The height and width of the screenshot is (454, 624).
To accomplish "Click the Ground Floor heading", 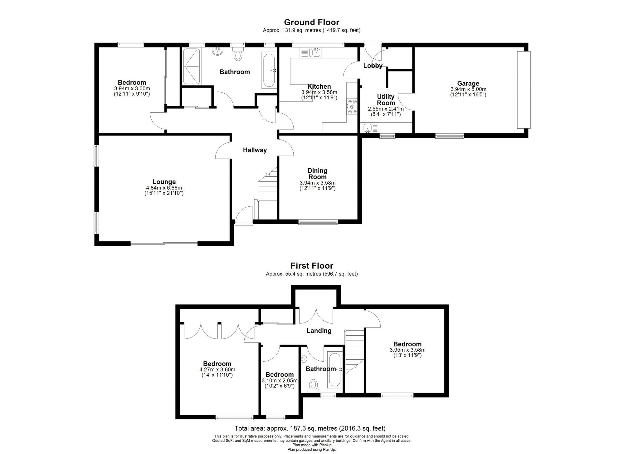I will click(x=311, y=22).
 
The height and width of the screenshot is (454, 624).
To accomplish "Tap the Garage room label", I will click(x=468, y=83).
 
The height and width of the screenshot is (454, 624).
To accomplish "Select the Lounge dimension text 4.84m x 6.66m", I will click(x=164, y=188).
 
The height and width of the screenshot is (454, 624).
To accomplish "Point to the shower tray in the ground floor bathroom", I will click(x=191, y=66).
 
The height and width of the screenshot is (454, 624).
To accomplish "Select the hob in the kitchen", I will click(x=353, y=106).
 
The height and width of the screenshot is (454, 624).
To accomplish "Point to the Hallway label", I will click(x=255, y=150).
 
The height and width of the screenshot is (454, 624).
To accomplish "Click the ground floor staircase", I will click(x=268, y=194).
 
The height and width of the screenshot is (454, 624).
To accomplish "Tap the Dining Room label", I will click(x=317, y=174).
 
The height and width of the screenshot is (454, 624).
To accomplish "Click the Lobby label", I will click(x=373, y=66).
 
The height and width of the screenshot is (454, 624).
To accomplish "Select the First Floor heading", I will click(x=312, y=266).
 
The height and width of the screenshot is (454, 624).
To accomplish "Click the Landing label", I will click(x=319, y=331).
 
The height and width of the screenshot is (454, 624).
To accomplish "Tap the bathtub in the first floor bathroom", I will click(x=335, y=369).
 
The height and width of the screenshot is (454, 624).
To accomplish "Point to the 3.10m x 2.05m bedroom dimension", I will click(x=279, y=381).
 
